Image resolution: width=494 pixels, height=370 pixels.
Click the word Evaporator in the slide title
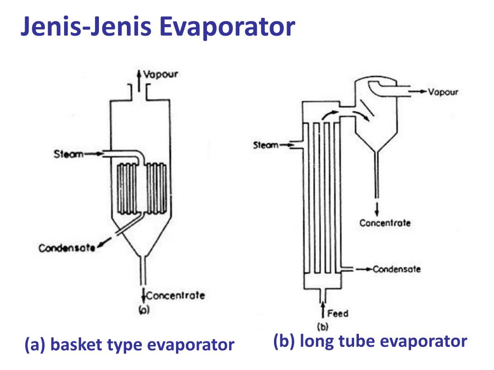click(227, 27)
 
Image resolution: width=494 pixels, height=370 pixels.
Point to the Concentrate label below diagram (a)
click(175, 295)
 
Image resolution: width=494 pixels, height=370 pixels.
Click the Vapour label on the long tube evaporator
click(443, 92)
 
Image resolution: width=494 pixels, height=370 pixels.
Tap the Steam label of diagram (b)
click(266, 145)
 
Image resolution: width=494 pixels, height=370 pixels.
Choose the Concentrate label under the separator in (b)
click(385, 223)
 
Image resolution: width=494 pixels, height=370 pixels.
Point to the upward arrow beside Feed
click(325, 310)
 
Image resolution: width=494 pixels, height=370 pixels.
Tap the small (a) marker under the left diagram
click(144, 310)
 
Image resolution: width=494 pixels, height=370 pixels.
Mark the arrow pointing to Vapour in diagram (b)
click(418, 92)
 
